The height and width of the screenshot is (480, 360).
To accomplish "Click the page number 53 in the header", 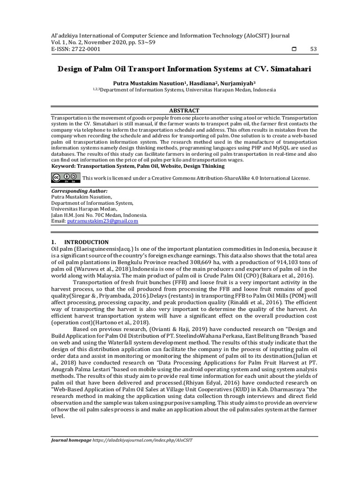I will (x=314, y=49).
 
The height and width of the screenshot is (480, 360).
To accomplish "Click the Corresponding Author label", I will (x=79, y=191).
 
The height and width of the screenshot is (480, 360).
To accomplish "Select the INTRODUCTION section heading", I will (x=86, y=242).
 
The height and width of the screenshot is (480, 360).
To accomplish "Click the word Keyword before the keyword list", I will (x=63, y=165).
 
